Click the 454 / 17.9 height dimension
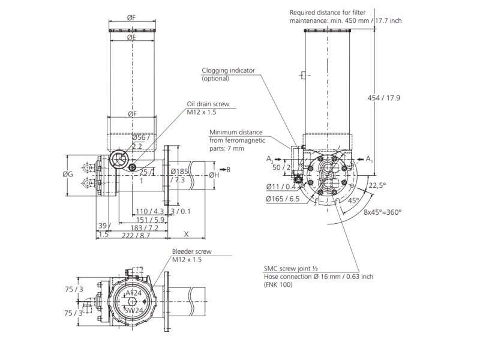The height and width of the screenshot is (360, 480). pos(383,98)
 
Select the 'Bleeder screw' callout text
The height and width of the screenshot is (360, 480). pos(191,251)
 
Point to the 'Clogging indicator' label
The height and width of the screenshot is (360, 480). pos(228,70)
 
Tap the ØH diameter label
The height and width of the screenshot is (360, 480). pos(214,175)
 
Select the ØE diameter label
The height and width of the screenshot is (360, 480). pos(131,38)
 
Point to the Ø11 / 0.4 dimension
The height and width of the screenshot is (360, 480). pos(282,187)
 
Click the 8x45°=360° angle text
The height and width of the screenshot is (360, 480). pos(382,212)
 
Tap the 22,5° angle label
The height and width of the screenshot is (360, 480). pos(377,185)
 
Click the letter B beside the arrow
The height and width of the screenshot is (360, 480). pos(228,170)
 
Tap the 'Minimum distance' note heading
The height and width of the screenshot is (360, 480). pos(236,132)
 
